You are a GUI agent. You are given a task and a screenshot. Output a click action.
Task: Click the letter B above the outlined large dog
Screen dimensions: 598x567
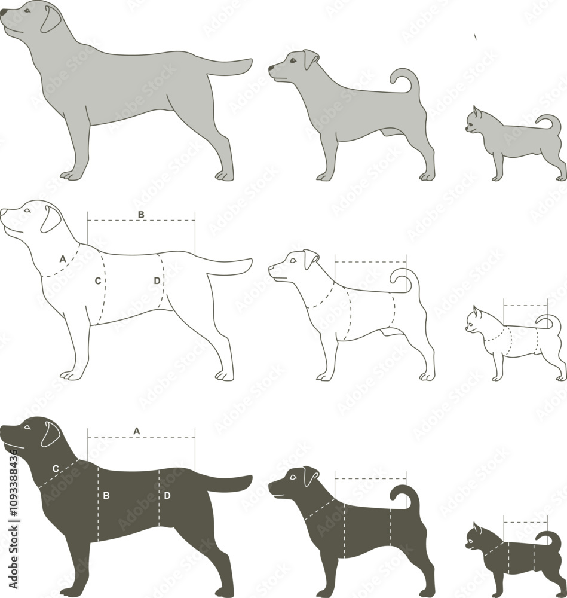pos(141,214)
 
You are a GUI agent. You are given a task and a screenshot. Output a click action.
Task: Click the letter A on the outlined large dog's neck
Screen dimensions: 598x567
pos(63,259)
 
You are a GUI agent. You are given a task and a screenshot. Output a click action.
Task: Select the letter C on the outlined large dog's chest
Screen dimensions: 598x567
pos(97,280)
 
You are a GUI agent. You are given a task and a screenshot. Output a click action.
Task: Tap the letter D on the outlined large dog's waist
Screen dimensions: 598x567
pos(157,280)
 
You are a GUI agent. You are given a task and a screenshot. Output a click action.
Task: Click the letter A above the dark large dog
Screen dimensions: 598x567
pos(137,431)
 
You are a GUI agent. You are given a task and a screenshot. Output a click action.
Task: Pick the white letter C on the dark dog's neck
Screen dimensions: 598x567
pos(56,469)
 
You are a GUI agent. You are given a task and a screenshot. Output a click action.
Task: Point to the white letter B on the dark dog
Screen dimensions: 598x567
pos(106,495)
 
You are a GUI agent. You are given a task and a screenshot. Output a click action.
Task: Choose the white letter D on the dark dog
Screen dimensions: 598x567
pos(167,495)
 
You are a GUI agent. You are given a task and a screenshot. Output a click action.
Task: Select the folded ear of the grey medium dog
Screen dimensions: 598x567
pos(310,59)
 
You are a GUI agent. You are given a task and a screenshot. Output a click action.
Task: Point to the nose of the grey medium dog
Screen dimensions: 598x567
pos(271,69)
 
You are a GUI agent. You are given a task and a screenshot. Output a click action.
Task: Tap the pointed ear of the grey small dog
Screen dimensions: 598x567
pos(477,112)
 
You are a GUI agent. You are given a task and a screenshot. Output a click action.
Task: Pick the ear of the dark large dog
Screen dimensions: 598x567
pos(50,434)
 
